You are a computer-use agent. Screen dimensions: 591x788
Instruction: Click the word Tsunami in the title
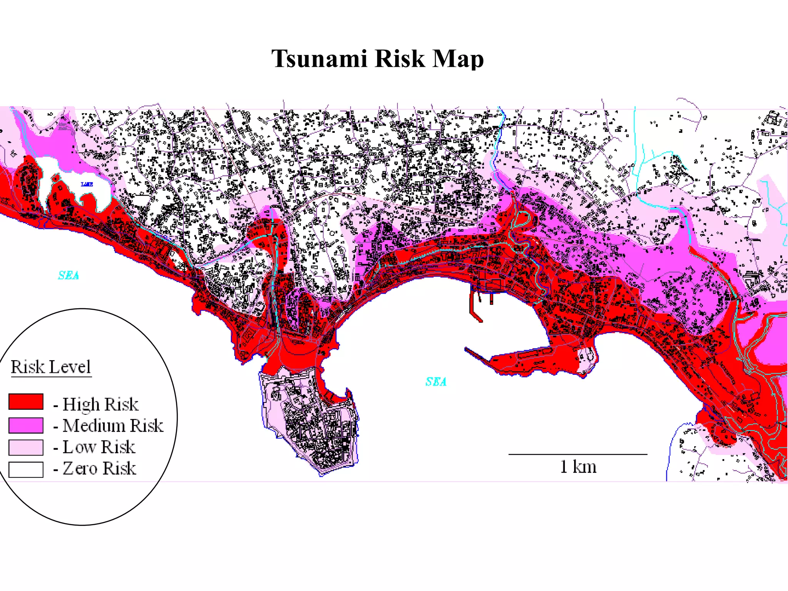(x=319, y=58)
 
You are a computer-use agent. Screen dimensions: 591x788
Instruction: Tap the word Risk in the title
(x=399, y=58)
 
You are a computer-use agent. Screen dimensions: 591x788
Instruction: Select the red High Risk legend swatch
(x=26, y=401)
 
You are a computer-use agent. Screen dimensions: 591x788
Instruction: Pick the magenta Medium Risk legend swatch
(x=26, y=425)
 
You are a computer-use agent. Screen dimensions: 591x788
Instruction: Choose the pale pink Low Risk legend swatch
(x=26, y=447)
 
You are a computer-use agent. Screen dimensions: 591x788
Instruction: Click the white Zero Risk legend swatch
(x=26, y=469)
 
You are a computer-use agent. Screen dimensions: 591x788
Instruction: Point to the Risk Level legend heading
(x=51, y=367)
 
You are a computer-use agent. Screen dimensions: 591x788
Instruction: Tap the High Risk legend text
(x=100, y=404)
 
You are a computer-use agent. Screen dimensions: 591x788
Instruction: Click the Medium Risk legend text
(x=112, y=426)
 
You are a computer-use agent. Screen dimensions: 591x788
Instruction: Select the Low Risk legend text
(x=99, y=447)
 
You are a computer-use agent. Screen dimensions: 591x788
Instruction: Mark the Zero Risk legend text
(x=99, y=469)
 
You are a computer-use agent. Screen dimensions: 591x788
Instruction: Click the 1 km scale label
(x=578, y=467)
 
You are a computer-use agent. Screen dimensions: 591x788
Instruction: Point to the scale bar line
(x=578, y=454)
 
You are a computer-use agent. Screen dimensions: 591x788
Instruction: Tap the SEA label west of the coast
(x=68, y=275)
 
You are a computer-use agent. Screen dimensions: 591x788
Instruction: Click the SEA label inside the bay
(x=436, y=382)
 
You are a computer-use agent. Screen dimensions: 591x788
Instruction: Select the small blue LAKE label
(x=87, y=184)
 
